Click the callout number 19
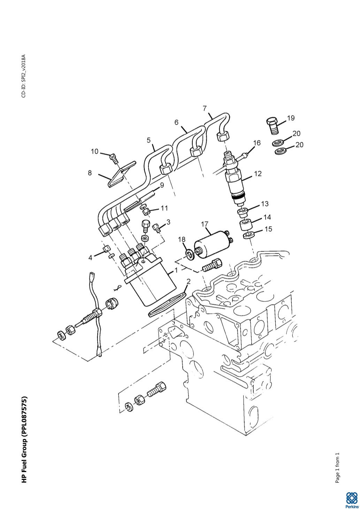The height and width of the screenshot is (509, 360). click(x=291, y=118)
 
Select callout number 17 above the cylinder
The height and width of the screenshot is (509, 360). click(x=205, y=224)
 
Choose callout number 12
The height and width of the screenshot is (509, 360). click(x=258, y=173)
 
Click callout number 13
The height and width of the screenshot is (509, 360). click(x=265, y=203)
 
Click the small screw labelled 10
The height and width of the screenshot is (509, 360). click(x=113, y=158)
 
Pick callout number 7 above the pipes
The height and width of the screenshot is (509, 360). click(x=205, y=109)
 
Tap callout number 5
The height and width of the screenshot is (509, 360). click(x=149, y=140)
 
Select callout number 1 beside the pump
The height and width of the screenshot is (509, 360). click(x=175, y=270)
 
